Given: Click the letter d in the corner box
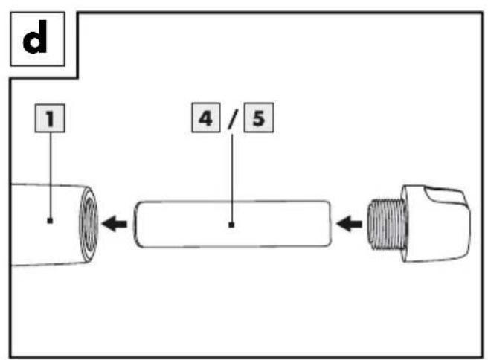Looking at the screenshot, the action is click(x=35, y=36).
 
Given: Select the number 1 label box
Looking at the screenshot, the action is click(x=50, y=118).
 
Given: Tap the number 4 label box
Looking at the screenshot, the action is click(x=206, y=118).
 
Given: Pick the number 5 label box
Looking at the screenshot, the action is click(x=259, y=118).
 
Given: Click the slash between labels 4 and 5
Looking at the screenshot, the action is click(x=232, y=118).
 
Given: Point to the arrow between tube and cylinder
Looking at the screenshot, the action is click(x=115, y=224).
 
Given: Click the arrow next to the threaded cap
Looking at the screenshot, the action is click(x=349, y=224).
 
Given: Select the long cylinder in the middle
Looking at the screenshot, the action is click(x=233, y=224).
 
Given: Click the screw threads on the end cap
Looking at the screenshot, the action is click(x=386, y=224).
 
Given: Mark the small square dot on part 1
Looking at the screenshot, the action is click(x=50, y=221).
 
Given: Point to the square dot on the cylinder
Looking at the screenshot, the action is click(x=231, y=225).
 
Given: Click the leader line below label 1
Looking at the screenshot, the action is click(x=51, y=176).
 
